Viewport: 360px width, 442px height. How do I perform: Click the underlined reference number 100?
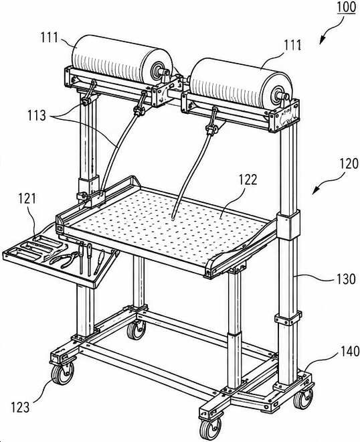346,7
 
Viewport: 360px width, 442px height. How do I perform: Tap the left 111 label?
50,38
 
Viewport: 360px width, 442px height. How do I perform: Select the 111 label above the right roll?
292,45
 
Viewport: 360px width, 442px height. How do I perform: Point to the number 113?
37,115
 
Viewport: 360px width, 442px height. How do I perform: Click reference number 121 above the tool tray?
27,198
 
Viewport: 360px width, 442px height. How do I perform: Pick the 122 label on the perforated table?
248,179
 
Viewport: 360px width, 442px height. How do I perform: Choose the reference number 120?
349,163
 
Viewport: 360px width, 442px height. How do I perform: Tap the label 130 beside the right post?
347,279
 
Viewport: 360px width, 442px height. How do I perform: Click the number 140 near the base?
351,351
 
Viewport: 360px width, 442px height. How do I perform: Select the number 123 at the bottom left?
20,407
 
